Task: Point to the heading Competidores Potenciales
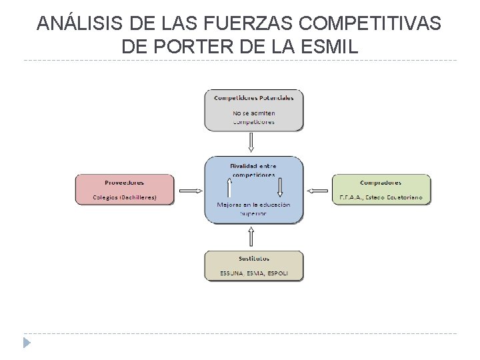coord(253,97)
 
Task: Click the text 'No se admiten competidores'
coord(253,117)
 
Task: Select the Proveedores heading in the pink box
coord(124,182)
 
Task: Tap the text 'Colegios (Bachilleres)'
coord(124,197)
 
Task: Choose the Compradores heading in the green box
coord(380,182)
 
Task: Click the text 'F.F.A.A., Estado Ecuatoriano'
coord(380,197)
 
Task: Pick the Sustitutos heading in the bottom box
coord(253,258)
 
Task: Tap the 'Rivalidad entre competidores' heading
coord(253,170)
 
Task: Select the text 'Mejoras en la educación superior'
coord(253,209)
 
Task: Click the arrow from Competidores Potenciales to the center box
coord(251,143)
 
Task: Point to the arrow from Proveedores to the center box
coord(191,191)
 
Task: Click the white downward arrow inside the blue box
coord(280,187)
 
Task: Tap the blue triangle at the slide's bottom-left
coord(27,343)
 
